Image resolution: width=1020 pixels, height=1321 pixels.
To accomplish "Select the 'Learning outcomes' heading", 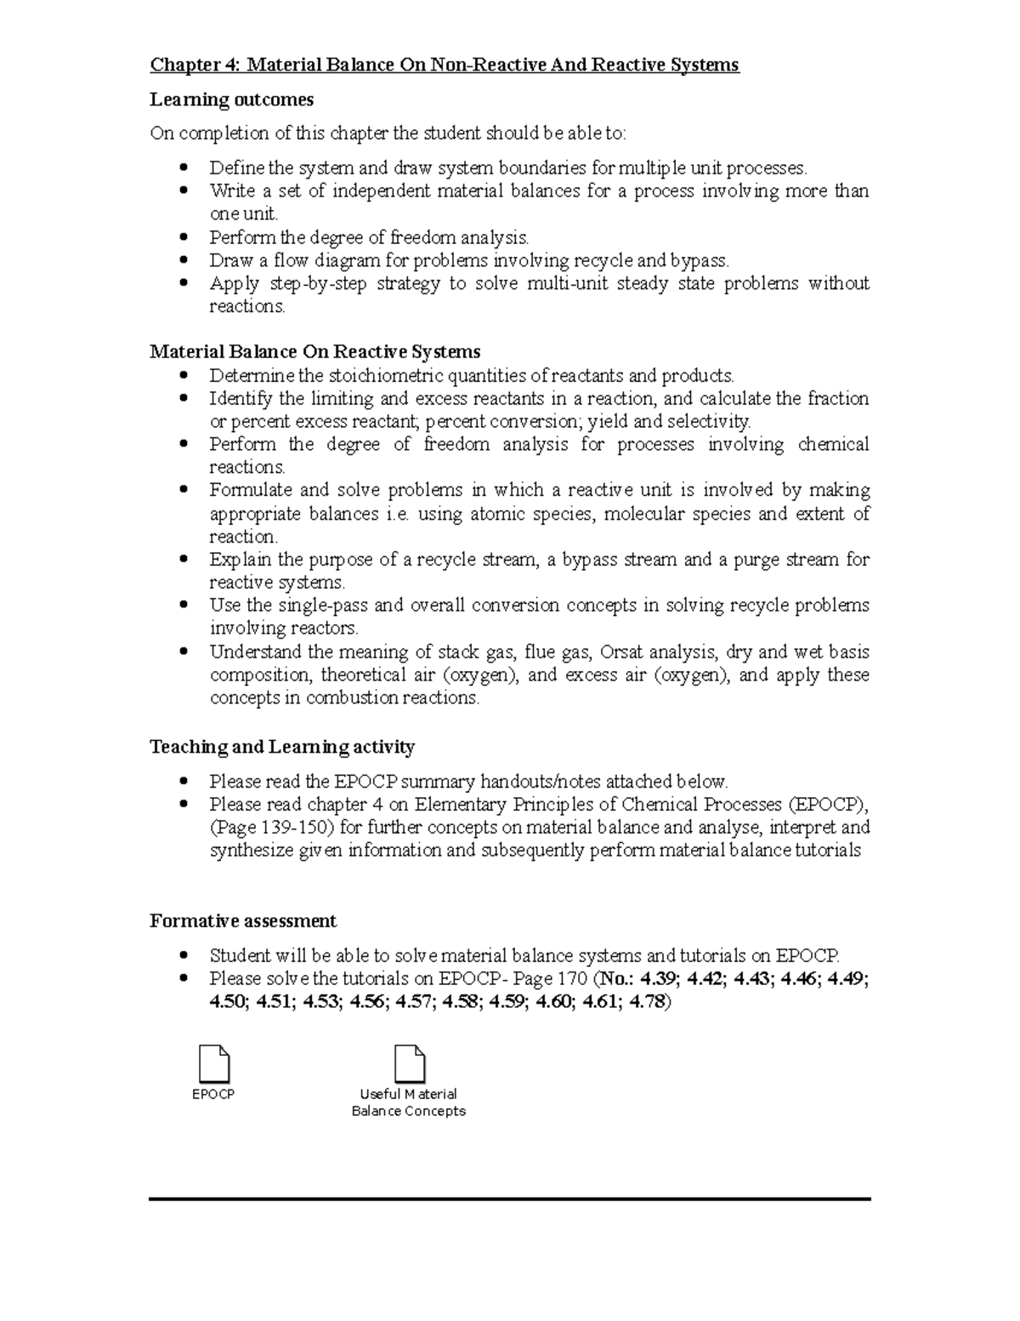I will pos(231,100).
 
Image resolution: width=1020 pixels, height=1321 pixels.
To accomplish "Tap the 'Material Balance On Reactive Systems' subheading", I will pos(314,351).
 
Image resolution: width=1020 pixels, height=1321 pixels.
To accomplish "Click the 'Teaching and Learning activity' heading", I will pos(281,747).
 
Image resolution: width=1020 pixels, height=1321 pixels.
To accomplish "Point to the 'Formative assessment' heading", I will pos(242,921).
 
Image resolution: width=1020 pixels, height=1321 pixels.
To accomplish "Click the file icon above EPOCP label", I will pos(213,1063).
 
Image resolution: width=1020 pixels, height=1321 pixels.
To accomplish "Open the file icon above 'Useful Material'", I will pos(409,1063).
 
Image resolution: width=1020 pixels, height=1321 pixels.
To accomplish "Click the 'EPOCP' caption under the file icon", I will pos(213,1095).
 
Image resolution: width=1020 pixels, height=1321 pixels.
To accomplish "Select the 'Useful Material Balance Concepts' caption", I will pos(409,1102).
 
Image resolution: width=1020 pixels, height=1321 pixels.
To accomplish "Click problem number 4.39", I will pos(659,978).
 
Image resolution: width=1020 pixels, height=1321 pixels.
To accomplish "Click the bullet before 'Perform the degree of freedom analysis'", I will pos(184,237).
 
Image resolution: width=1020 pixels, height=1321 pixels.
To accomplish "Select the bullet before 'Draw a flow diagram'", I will pos(184,260).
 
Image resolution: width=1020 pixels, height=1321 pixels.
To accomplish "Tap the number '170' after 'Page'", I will pos(571,978).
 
